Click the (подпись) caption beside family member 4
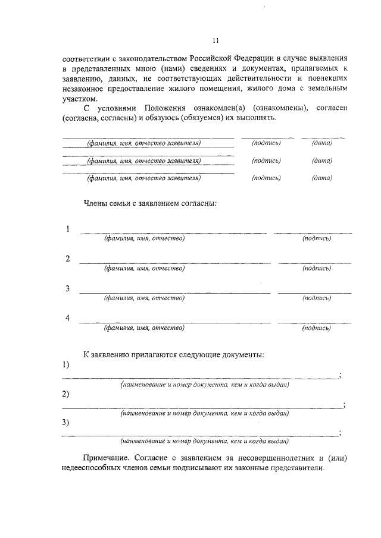pos(316,328)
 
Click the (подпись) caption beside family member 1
pos(316,238)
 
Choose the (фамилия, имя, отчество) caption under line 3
pos(144,298)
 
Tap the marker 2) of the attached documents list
pos(65,394)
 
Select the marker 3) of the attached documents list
pos(65,423)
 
